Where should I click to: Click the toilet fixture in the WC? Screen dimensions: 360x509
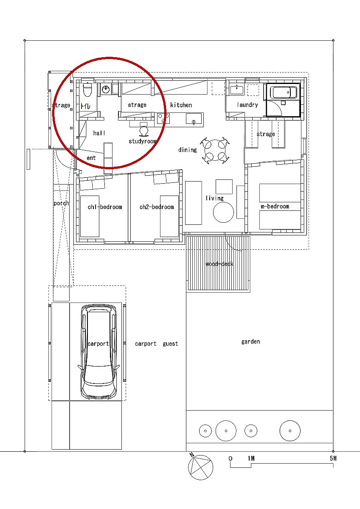(87, 89)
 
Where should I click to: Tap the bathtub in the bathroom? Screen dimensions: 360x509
(283, 92)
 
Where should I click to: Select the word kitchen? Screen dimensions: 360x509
(181, 105)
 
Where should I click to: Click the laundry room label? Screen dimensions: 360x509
(247, 105)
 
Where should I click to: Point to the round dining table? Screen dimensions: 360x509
(215, 150)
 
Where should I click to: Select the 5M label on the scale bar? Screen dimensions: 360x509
(333, 458)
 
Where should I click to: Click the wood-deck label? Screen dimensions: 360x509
(219, 264)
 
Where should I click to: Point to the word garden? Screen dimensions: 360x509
(250, 342)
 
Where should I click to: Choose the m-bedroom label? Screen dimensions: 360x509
(275, 206)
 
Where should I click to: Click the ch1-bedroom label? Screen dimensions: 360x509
(105, 207)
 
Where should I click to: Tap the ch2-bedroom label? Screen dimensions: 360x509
(157, 207)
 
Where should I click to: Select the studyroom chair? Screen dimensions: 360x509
(143, 131)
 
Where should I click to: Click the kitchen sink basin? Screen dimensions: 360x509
(194, 119)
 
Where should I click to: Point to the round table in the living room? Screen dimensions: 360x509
(223, 212)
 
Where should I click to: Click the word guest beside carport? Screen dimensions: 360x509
(170, 344)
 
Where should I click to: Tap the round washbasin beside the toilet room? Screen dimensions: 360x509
(105, 89)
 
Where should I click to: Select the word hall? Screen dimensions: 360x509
(99, 133)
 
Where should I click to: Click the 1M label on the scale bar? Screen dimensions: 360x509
(251, 458)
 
